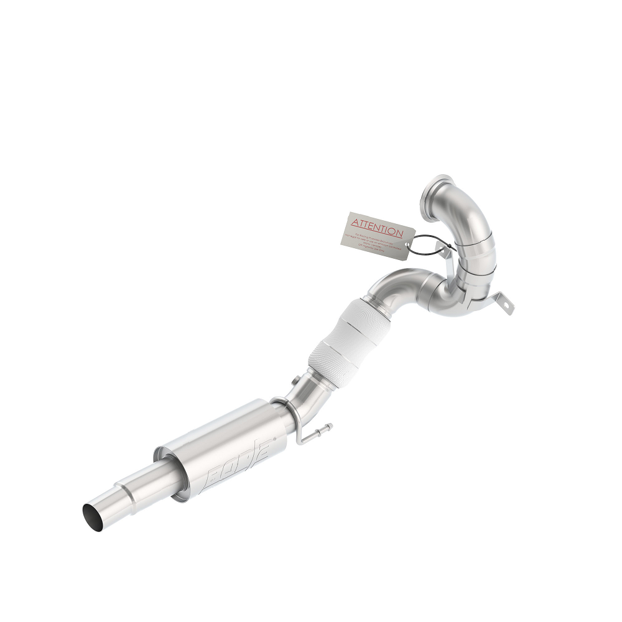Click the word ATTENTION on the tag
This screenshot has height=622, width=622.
click(x=378, y=226)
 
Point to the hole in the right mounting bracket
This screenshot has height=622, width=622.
click(x=508, y=305)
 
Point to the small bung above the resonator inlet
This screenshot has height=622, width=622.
click(x=292, y=380)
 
